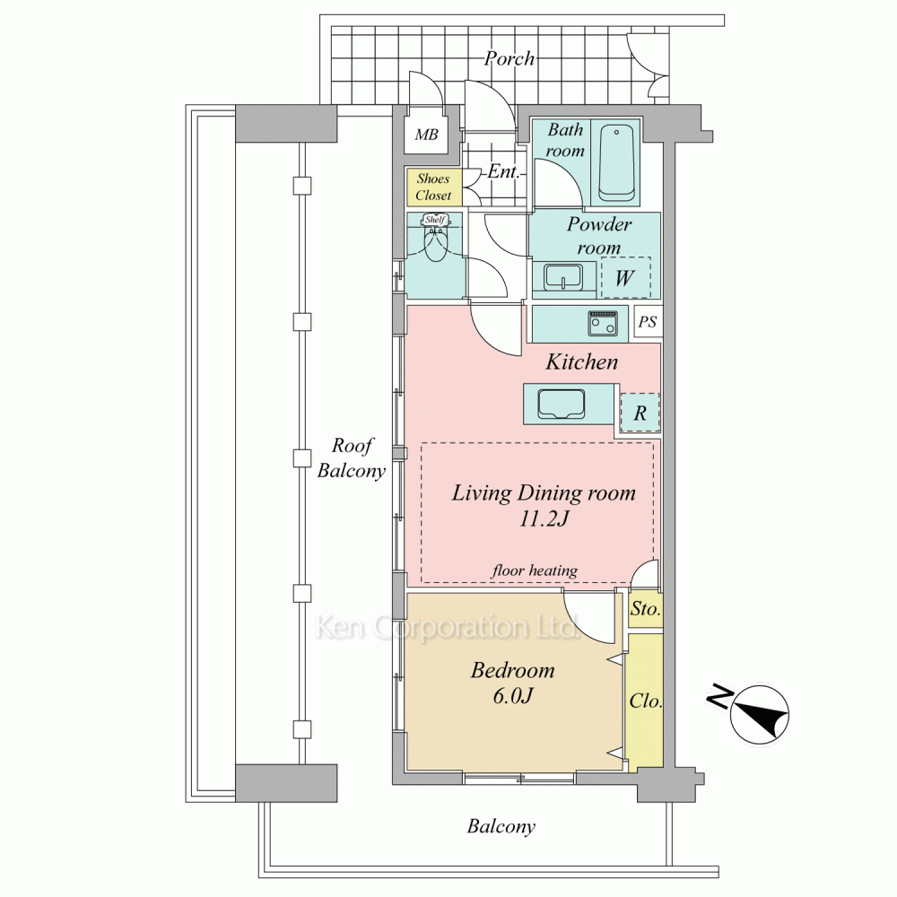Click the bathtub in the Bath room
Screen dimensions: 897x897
617,163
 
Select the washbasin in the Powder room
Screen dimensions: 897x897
563,277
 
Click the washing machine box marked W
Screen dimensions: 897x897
625,277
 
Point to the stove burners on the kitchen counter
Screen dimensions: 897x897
603,324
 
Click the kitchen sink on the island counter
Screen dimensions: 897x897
562,404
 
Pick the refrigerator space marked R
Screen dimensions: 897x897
640,413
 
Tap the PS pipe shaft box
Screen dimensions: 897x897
648,322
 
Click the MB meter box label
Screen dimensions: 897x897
426,135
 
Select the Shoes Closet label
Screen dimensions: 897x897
433,187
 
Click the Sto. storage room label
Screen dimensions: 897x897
645,609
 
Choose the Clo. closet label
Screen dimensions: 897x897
646,701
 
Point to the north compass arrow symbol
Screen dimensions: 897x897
761,714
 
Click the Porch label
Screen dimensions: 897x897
509,58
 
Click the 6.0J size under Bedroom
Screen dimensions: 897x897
513,696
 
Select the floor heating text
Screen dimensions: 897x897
535,570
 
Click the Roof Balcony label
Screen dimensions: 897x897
352,457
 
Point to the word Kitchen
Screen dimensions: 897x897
582,361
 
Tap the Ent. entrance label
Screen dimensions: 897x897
503,171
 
